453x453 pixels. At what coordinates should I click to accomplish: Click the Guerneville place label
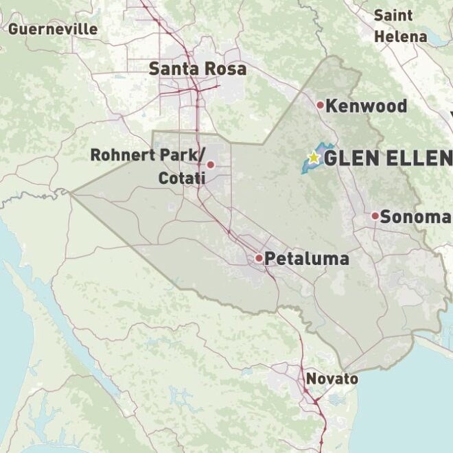pos(53,29)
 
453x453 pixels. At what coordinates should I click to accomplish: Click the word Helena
pos(401,36)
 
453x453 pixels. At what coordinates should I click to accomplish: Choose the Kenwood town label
pos(366,106)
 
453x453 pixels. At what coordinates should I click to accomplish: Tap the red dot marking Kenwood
pos(320,105)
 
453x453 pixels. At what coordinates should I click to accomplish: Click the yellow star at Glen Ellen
pos(314,157)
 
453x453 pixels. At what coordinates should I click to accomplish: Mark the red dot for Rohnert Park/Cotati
pos(211,165)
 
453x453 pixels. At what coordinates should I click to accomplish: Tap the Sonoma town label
pos(415,217)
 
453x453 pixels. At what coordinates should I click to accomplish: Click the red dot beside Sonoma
pos(375,216)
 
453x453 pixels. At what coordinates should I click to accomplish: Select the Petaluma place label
pos(306,259)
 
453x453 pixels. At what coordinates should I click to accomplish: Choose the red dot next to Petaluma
pos(259,258)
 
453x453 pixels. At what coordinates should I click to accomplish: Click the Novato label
pos(332,379)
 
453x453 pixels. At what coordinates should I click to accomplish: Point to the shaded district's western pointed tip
pos(71,194)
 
